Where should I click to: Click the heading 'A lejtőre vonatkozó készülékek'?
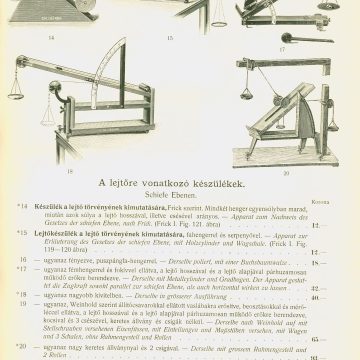(180, 185)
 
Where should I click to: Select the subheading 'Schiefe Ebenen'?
(180, 197)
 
